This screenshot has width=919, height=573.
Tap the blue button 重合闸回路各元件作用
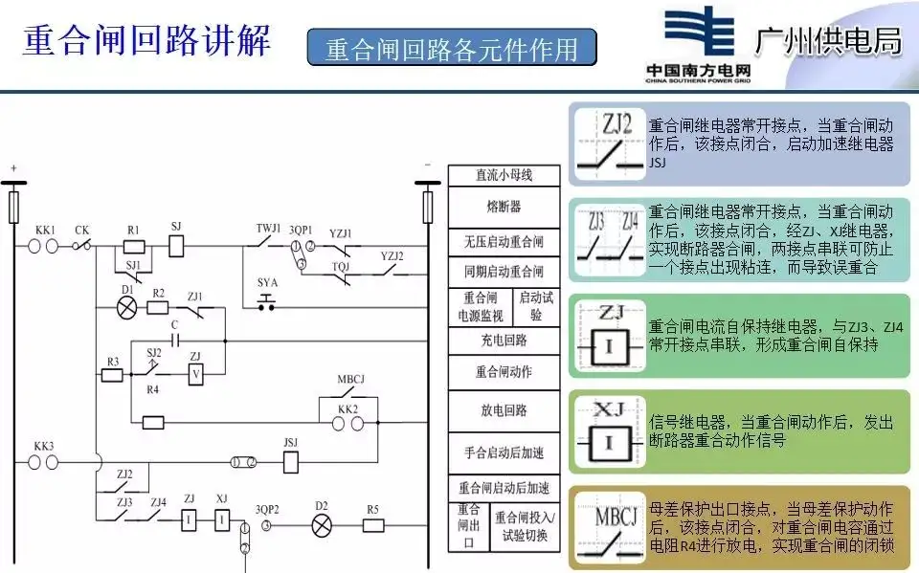point(451,48)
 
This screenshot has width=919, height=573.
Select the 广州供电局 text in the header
point(829,40)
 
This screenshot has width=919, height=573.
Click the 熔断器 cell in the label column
point(504,207)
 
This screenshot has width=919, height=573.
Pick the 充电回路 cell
point(504,340)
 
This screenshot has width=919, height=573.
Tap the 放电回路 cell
point(504,409)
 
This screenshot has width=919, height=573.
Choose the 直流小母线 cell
point(504,175)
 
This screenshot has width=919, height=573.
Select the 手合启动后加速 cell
point(504,451)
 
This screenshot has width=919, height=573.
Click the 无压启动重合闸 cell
point(504,241)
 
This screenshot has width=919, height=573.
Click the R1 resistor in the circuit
point(134,246)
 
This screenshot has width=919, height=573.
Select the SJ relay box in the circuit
point(176,246)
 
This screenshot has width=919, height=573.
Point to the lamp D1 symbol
point(126,307)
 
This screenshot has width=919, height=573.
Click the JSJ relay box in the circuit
point(292,462)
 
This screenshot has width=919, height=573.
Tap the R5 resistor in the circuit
point(372,524)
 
